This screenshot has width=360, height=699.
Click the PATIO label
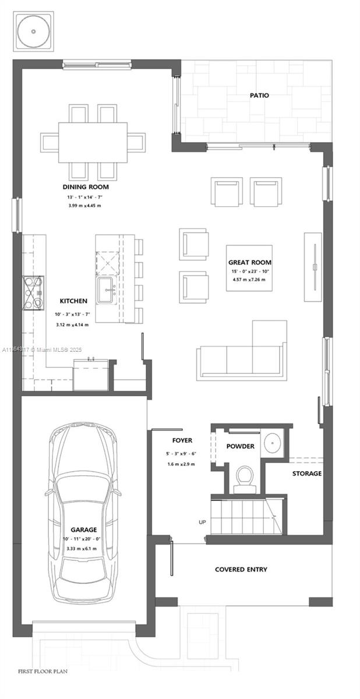pos(259,95)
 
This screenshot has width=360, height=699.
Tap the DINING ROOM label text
pos(86,187)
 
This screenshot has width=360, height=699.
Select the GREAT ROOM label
pos(249,262)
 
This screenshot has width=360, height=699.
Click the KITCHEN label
pos(73,301)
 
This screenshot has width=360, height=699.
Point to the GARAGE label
pos(84,530)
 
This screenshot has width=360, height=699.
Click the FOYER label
pos(182,440)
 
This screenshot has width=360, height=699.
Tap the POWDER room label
pos(241,446)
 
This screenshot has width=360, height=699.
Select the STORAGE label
pos(306,474)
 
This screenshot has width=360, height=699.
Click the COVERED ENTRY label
pos(241,569)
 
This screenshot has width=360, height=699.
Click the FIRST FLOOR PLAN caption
pos(43,672)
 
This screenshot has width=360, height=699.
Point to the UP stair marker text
pos(202,522)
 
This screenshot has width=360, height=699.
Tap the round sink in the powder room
pos(272,443)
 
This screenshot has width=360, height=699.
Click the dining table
pos(93,142)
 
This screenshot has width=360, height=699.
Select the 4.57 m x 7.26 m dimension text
pos(249,280)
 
